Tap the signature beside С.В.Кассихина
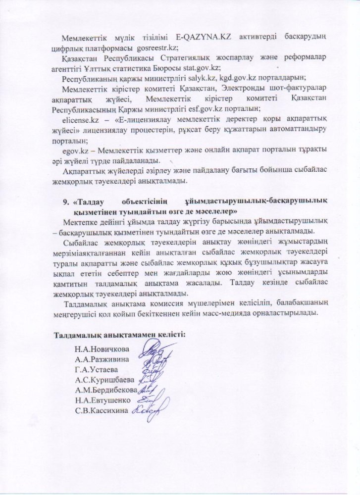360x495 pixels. click(x=147, y=408)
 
